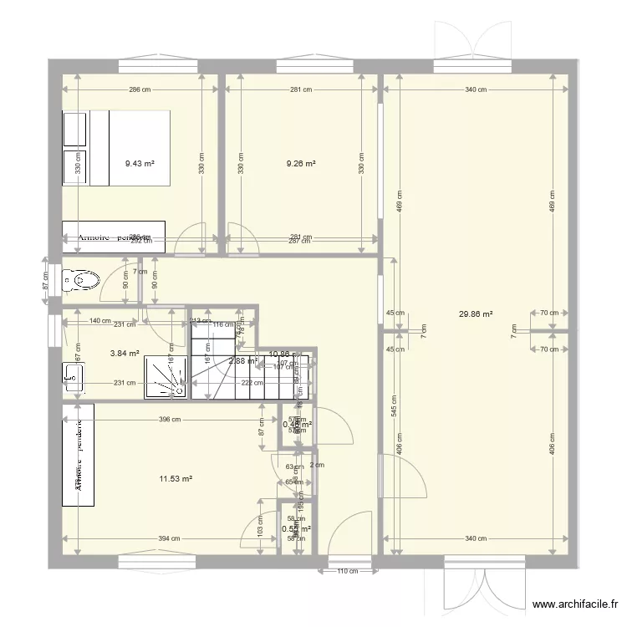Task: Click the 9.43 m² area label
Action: tap(140, 165)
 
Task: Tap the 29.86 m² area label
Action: tap(476, 315)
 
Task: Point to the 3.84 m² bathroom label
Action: tap(125, 354)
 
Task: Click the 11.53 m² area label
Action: tap(176, 479)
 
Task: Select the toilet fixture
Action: tap(80, 281)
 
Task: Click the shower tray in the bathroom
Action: tap(166, 376)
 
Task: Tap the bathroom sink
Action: tap(73, 376)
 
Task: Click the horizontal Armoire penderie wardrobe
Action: tap(114, 237)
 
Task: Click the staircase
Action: tap(251, 368)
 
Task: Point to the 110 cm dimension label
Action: tap(347, 573)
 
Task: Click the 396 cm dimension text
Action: tap(170, 420)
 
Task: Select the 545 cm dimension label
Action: tap(394, 405)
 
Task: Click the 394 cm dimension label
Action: tap(169, 539)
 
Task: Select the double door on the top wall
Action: tap(472, 42)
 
